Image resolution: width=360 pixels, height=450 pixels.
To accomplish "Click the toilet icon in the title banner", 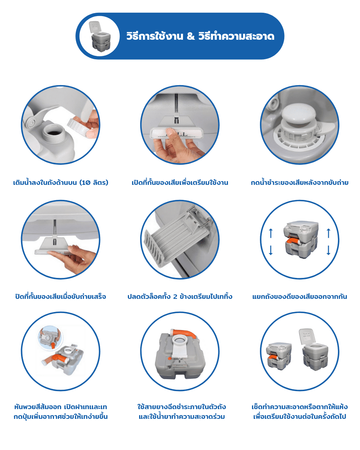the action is (x=100, y=36).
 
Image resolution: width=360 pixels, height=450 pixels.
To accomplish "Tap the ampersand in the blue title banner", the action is (x=190, y=36).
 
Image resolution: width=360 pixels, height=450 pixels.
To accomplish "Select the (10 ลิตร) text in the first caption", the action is (x=94, y=183).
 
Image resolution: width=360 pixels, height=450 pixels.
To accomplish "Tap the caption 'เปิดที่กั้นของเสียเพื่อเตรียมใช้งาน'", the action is (x=180, y=183).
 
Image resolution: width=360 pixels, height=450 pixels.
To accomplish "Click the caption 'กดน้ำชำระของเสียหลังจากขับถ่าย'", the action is (x=300, y=183).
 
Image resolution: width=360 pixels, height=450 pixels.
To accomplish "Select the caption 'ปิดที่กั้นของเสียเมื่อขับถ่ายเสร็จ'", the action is (x=61, y=296).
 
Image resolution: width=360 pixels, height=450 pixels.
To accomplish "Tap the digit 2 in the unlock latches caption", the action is (x=175, y=297).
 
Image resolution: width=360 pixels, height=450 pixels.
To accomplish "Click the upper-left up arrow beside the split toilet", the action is (x=271, y=233).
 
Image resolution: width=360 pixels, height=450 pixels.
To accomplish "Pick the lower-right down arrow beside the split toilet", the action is (x=328, y=250).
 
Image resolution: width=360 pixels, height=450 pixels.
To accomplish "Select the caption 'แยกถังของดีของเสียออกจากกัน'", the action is (x=300, y=296).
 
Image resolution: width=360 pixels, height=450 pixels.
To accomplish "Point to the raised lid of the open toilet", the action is (x=306, y=336).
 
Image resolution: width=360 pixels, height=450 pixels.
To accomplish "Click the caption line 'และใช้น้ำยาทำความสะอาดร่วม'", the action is (x=181, y=417).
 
